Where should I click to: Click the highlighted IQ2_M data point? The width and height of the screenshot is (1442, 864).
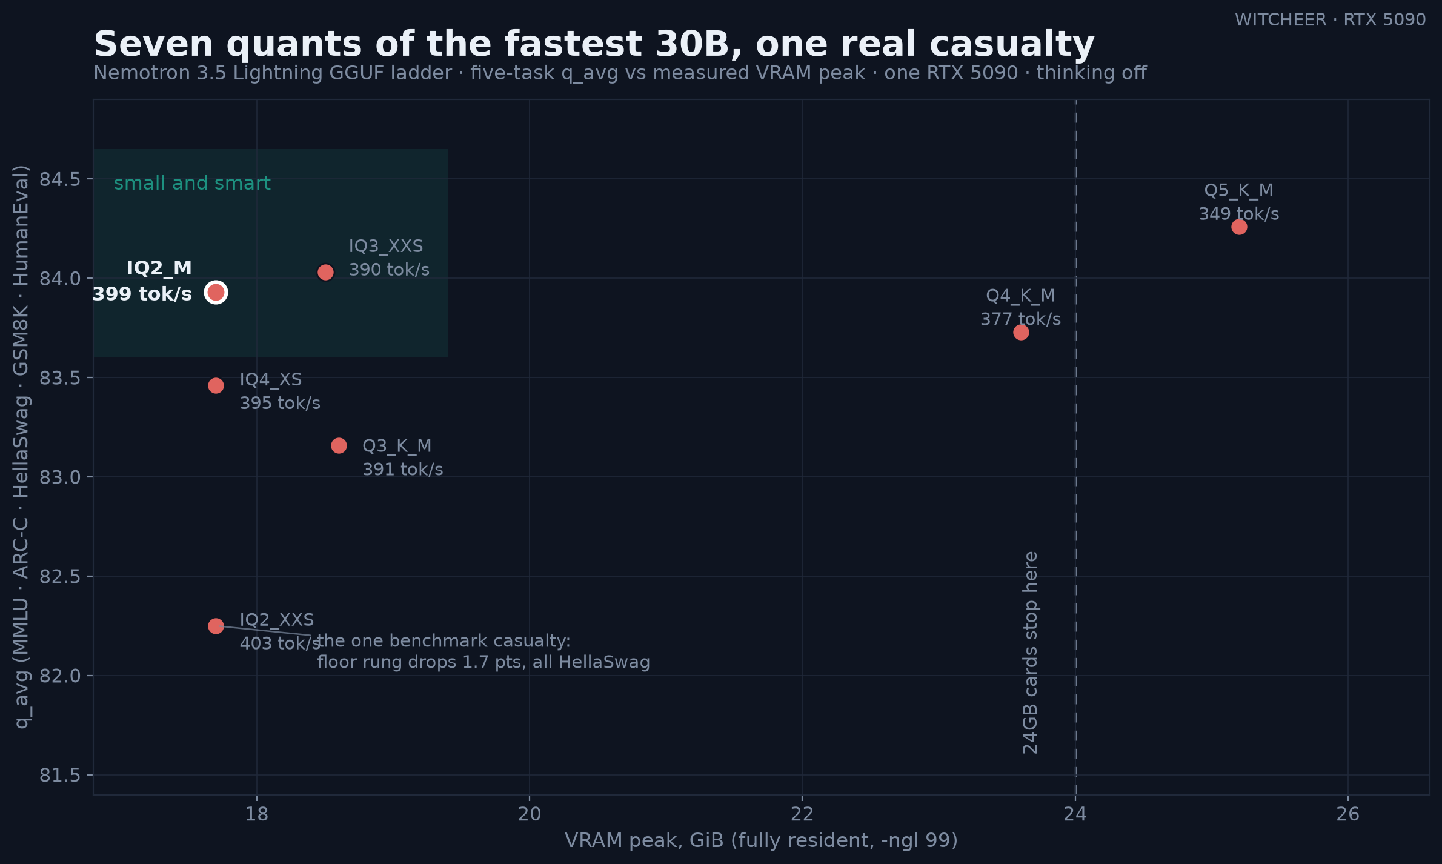(x=216, y=293)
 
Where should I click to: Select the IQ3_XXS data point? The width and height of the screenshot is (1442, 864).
(x=325, y=273)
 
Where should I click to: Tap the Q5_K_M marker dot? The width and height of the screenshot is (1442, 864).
(x=1239, y=227)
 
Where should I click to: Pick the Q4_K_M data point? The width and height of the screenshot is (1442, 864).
(x=1021, y=333)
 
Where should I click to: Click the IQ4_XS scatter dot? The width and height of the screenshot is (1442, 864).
(x=216, y=386)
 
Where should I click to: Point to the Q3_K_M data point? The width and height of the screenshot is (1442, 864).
(x=339, y=446)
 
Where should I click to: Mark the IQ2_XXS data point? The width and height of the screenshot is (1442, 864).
(x=216, y=626)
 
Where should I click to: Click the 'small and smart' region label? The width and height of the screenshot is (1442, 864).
(x=192, y=183)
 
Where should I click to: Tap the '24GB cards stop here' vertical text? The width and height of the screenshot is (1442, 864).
(x=1030, y=653)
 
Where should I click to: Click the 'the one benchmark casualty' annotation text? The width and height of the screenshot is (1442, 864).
(x=444, y=641)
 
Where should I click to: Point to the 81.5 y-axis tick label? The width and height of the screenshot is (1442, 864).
(x=60, y=775)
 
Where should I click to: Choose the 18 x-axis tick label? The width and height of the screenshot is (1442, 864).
(x=257, y=814)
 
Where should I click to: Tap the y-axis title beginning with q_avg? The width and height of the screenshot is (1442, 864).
(x=21, y=447)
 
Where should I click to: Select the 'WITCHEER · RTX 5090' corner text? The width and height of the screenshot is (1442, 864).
(x=1331, y=20)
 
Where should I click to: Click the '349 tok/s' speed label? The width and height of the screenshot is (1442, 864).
(x=1239, y=214)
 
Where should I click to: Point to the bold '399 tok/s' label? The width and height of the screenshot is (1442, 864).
(x=142, y=294)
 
